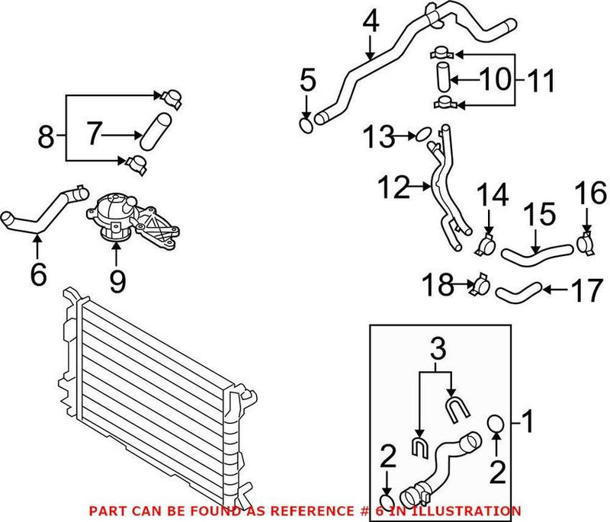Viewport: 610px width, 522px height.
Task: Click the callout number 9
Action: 117,281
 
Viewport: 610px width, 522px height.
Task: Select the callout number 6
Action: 38,274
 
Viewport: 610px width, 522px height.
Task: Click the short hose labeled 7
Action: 153,129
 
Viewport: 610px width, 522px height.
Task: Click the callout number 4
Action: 371,22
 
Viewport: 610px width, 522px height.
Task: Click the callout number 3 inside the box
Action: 435,351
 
